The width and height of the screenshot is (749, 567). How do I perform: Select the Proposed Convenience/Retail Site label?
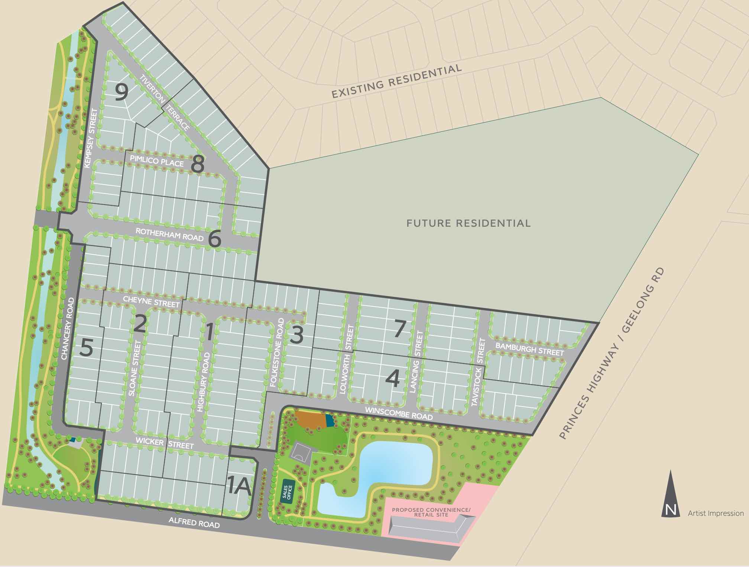(431, 512)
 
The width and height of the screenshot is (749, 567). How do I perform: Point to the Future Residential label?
(468, 223)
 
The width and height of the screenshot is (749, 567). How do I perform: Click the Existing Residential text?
(396, 81)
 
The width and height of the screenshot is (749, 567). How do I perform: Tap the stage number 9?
(121, 92)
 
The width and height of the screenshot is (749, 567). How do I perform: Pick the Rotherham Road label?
(169, 234)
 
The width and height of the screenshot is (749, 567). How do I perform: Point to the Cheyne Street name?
(151, 301)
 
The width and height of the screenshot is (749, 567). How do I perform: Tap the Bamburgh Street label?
(529, 349)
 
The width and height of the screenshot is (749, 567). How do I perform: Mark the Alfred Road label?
(194, 522)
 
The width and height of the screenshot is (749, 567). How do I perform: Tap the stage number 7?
(399, 330)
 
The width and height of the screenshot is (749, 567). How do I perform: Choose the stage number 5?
(86, 348)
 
